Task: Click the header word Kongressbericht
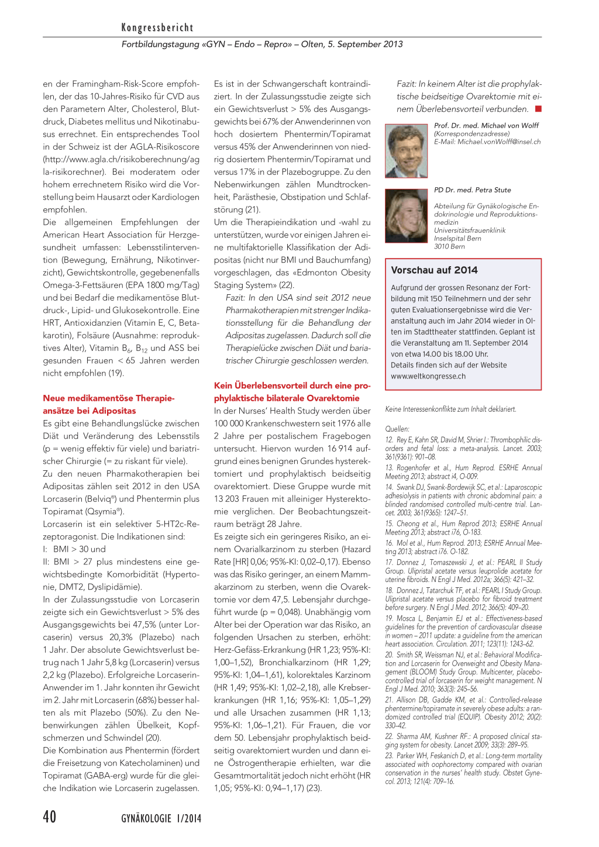[157, 27]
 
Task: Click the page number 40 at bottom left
[50, 817]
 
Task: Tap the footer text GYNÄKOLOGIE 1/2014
[161, 818]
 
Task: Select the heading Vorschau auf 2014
[434, 270]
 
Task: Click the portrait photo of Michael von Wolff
[406, 151]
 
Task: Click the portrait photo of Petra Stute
[406, 216]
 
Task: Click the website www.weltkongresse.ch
[428, 376]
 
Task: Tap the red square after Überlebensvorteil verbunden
[538, 109]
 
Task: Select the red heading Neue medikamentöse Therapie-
[108, 398]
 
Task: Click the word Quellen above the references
[397, 429]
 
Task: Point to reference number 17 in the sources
[389, 562]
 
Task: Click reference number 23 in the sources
[389, 756]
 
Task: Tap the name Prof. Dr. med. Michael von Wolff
[486, 126]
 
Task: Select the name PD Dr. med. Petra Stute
[472, 190]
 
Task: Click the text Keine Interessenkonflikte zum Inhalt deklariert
[450, 409]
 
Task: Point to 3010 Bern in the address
[449, 246]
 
